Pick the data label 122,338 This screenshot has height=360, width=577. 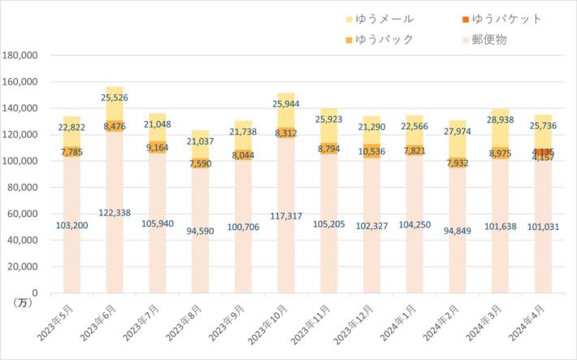(115, 212)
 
